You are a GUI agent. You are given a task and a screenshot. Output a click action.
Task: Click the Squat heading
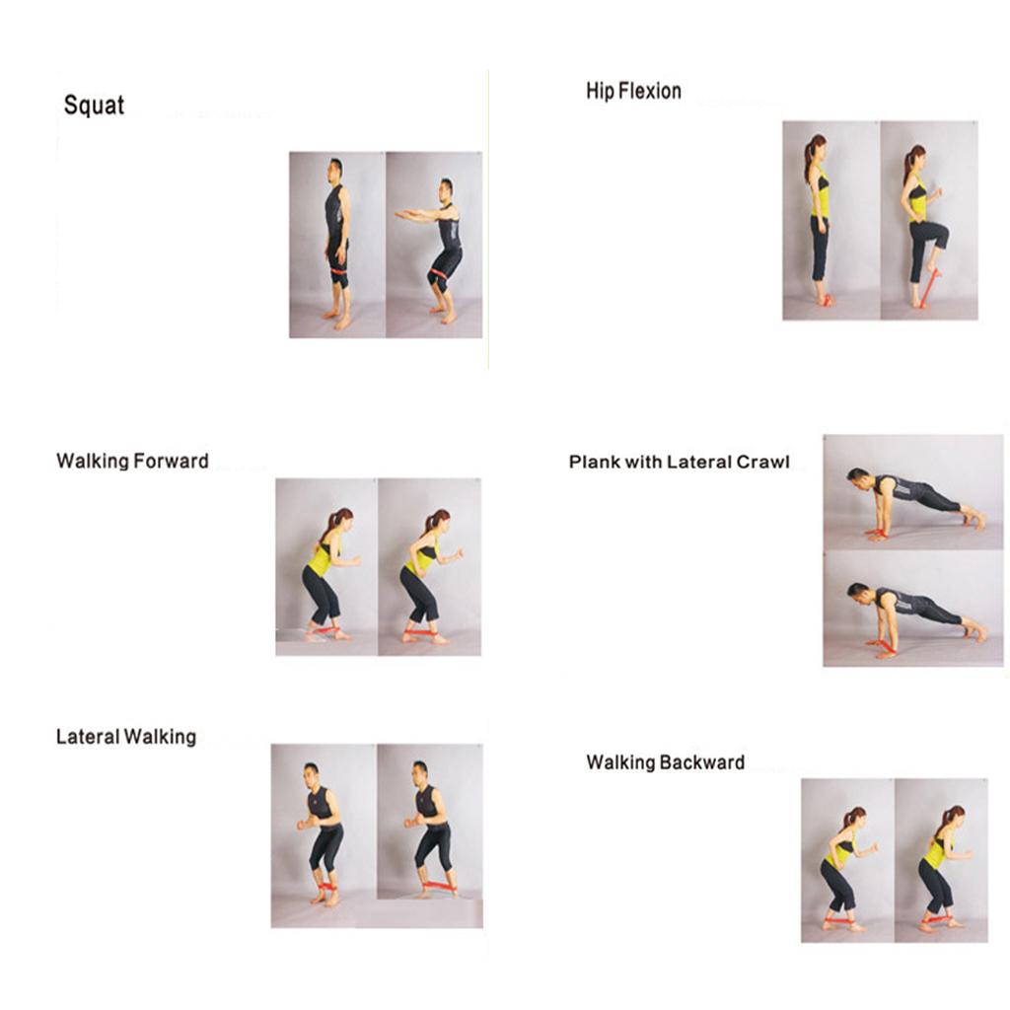tap(94, 106)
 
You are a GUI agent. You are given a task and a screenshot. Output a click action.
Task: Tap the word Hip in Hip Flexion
tap(600, 92)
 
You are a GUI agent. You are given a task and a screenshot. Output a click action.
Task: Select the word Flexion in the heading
tap(649, 91)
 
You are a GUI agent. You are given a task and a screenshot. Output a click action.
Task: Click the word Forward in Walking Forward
tap(171, 462)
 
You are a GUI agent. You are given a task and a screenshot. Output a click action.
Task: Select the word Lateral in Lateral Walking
tap(87, 737)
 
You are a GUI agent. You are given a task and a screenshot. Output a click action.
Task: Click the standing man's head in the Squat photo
tap(335, 170)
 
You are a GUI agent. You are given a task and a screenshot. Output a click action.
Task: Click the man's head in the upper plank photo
tap(857, 479)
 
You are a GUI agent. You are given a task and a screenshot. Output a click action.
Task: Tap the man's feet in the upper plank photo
tap(974, 516)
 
